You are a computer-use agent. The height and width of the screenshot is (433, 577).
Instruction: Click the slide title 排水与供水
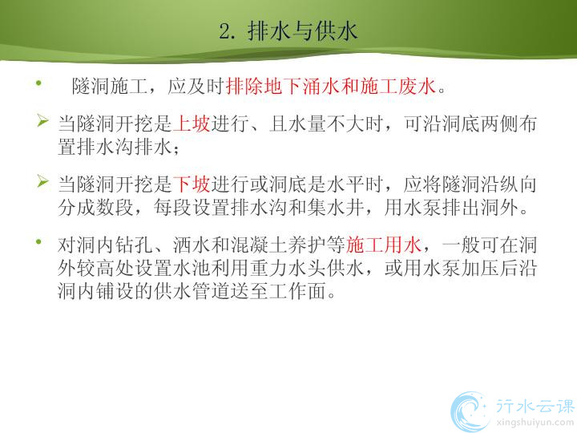[302, 31]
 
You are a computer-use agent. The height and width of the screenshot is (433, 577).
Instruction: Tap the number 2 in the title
[224, 31]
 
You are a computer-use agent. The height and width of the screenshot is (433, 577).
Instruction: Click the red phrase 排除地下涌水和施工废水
[331, 87]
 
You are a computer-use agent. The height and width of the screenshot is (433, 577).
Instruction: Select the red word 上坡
[192, 123]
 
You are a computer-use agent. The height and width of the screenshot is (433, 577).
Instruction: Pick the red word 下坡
[192, 184]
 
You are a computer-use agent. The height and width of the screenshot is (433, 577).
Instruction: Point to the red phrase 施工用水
[383, 245]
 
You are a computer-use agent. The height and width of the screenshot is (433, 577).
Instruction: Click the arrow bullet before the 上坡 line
[42, 121]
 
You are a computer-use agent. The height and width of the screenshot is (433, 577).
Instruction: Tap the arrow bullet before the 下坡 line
[42, 181]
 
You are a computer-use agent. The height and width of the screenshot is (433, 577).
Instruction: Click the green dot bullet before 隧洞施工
[38, 83]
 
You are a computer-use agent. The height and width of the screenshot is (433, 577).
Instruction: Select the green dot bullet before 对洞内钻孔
[38, 241]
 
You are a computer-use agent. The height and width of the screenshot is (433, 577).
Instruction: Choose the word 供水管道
[192, 291]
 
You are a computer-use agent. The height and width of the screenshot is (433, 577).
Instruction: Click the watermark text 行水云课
[535, 406]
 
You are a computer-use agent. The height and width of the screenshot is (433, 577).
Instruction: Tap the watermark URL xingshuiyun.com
[535, 423]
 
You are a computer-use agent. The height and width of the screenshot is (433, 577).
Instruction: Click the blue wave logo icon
[470, 411]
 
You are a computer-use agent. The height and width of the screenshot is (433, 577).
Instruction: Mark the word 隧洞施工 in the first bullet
[110, 87]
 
